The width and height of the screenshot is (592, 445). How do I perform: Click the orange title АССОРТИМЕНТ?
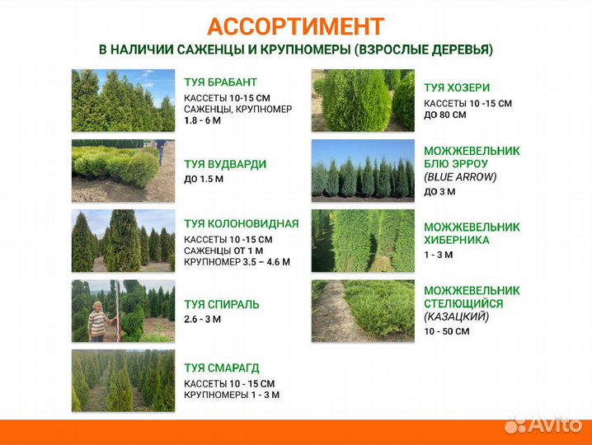click(295, 26)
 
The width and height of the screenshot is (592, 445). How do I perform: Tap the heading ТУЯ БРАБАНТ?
click(221, 82)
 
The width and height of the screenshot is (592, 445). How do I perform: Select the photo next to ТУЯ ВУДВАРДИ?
click(123, 171)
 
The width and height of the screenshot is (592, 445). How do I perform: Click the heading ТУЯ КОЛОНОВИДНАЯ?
click(242, 223)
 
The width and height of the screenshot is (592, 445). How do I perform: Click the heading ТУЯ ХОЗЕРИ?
click(457, 87)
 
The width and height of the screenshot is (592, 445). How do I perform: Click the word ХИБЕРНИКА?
click(457, 240)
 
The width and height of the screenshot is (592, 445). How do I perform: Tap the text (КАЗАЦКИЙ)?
click(457, 316)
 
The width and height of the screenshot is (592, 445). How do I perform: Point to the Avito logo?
click(543, 424)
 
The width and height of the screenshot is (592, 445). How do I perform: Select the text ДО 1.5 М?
click(204, 179)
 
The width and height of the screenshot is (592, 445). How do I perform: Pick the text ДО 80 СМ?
click(445, 115)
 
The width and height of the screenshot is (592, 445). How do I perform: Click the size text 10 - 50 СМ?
click(447, 331)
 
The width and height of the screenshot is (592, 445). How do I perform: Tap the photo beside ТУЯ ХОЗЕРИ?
click(363, 101)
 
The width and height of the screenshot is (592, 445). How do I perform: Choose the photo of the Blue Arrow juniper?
click(363, 171)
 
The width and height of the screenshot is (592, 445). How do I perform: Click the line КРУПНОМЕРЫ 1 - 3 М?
click(232, 395)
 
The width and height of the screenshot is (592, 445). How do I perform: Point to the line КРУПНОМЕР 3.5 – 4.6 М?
click(237, 263)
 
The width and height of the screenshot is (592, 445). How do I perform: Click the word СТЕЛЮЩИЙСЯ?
click(463, 303)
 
